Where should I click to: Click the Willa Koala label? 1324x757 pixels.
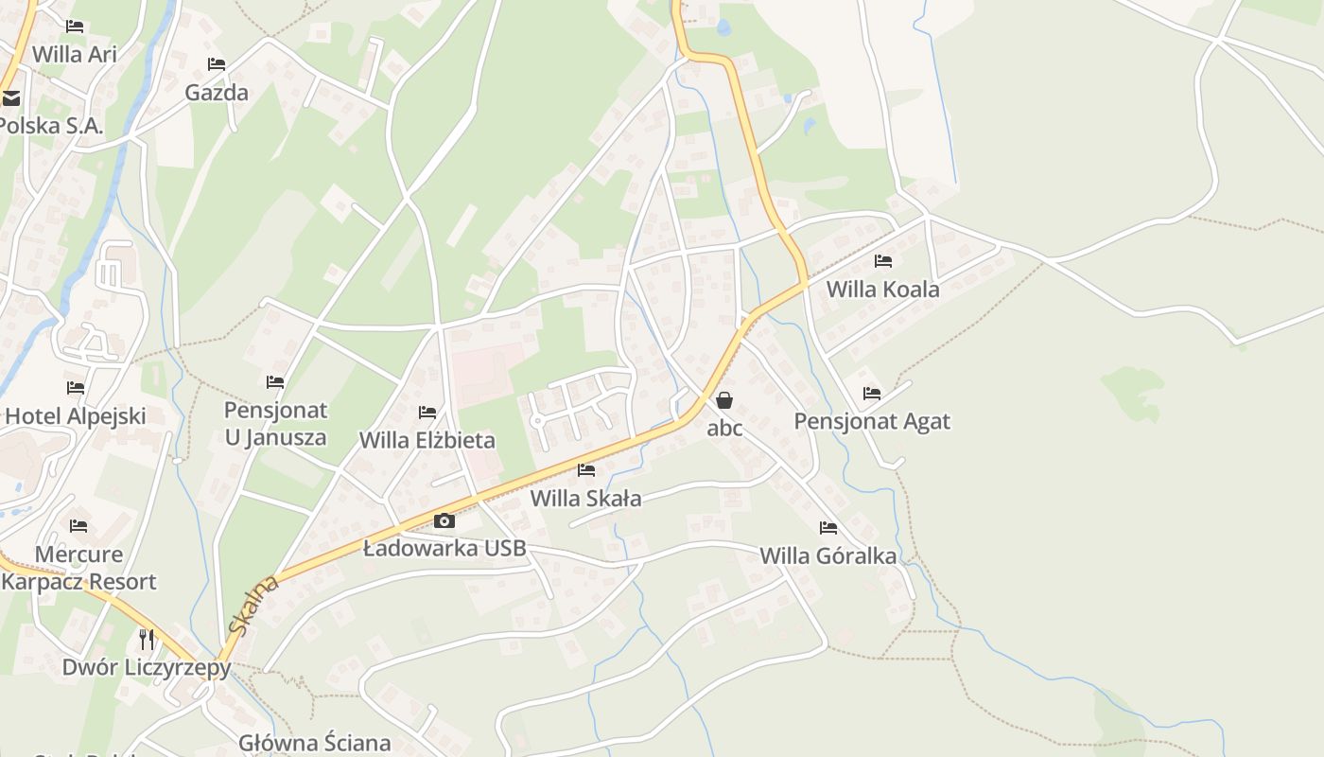tap(882, 290)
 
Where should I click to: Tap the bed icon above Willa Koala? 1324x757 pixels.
tap(883, 261)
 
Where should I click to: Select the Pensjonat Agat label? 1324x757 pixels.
tap(871, 421)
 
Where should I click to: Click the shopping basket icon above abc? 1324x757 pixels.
tap(724, 400)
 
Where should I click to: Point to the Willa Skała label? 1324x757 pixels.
tap(585, 498)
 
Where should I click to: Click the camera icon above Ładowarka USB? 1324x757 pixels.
tap(444, 520)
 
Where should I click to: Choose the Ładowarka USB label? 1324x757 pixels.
tap(444, 548)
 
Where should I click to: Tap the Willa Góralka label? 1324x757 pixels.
tap(827, 555)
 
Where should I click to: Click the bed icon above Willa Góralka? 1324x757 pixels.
tap(829, 528)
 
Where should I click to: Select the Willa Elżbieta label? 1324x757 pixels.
tap(427, 440)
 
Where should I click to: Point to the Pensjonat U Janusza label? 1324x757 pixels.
tap(275, 424)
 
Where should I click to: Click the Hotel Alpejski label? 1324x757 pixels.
tap(76, 415)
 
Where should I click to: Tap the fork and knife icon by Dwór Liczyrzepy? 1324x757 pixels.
tap(147, 640)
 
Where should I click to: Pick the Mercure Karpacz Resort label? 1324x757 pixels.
tap(78, 568)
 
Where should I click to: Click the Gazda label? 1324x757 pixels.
tap(217, 93)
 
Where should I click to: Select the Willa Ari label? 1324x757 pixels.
tap(75, 54)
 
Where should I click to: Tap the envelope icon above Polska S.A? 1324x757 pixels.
tap(10, 97)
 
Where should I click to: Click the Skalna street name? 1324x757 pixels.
tap(252, 607)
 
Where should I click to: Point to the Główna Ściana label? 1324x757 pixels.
tap(314, 743)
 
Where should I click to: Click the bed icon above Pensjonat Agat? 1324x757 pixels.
tap(872, 394)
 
